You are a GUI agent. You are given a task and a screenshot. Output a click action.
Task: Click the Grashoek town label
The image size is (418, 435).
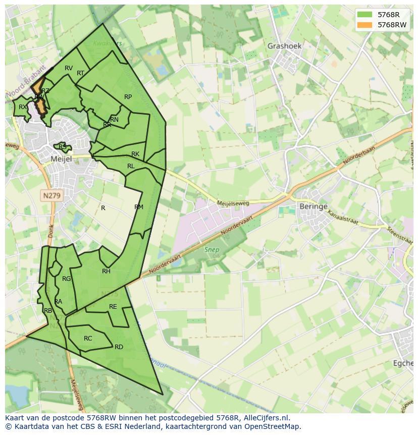[x=284, y=46]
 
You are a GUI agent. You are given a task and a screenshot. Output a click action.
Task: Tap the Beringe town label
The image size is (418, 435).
[x=313, y=207]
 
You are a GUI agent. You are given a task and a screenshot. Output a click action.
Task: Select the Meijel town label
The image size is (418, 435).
[x=62, y=159]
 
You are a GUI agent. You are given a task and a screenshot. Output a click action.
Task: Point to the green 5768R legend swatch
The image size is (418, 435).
[x=364, y=15]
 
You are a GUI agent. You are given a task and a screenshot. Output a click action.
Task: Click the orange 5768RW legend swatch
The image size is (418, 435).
[x=364, y=25]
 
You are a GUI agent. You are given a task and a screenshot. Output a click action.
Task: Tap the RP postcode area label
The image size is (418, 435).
[x=128, y=97]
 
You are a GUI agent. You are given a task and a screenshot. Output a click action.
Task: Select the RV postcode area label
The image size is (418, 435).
[x=69, y=68]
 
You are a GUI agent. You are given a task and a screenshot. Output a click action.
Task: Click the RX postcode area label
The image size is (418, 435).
[x=23, y=107]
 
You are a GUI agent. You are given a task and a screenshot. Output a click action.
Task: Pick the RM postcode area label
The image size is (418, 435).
[x=139, y=207]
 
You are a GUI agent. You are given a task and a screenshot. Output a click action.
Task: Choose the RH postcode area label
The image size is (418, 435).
[x=106, y=271]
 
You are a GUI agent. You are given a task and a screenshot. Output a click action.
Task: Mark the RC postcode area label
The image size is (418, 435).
[x=88, y=339]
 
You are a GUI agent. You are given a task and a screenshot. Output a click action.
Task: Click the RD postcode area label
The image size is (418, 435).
[x=119, y=347]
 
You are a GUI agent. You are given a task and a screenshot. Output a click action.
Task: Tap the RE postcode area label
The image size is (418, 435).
[x=113, y=307]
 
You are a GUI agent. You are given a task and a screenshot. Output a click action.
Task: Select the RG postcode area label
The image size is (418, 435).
[x=66, y=279]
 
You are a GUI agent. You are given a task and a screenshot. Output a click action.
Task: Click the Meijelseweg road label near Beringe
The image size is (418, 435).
[x=233, y=203]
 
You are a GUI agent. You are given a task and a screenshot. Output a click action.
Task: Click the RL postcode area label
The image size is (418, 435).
[x=131, y=166]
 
